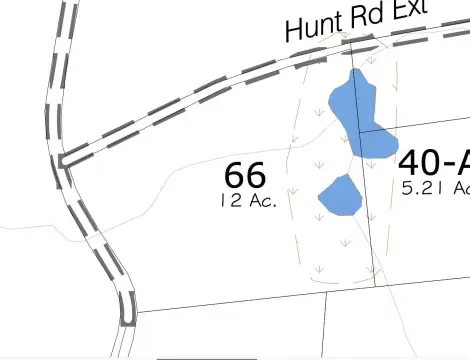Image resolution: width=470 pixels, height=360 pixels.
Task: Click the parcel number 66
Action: click(x=245, y=174)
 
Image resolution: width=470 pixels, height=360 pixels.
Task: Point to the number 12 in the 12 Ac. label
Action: click(x=227, y=199)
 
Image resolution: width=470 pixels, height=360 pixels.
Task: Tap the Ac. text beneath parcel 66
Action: click(x=258, y=199)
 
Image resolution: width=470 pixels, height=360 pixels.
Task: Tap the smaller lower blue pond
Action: click(x=341, y=195)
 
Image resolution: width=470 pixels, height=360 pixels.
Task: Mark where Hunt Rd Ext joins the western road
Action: click(x=64, y=159)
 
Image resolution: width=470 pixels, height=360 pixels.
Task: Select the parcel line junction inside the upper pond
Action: click(x=360, y=131)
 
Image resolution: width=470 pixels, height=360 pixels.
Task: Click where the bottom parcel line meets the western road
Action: click(x=134, y=311)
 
